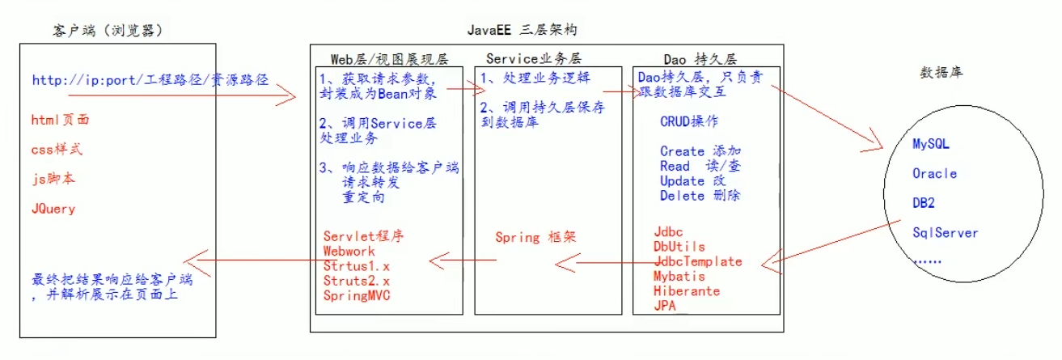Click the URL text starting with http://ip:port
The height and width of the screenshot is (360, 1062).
click(x=150, y=80)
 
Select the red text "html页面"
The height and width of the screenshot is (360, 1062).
click(x=61, y=120)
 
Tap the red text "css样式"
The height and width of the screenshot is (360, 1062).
click(x=57, y=150)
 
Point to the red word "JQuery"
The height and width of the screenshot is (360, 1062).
click(x=53, y=209)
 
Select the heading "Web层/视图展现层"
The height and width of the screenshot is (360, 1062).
click(x=389, y=59)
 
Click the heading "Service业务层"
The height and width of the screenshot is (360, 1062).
click(x=534, y=58)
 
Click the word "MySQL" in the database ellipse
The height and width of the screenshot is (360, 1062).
click(x=930, y=144)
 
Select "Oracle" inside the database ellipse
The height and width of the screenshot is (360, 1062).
click(x=934, y=173)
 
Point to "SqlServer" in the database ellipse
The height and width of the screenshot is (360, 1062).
click(x=945, y=233)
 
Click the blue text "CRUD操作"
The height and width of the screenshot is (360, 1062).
click(x=688, y=122)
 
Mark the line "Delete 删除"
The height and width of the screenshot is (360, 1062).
click(x=700, y=195)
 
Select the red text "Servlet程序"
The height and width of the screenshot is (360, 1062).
click(x=363, y=237)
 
